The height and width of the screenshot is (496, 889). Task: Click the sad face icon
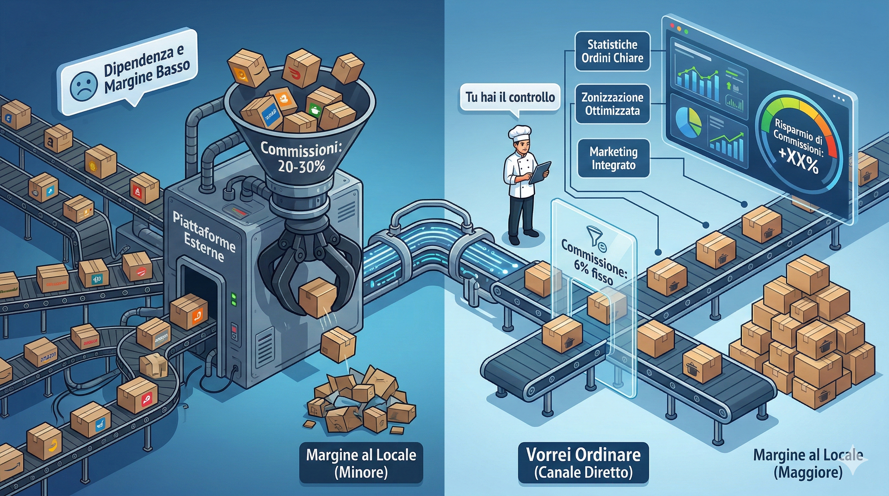(x=83, y=86)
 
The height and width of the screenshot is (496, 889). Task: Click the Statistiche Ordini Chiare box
(x=612, y=51)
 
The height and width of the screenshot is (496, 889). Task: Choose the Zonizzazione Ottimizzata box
(x=612, y=104)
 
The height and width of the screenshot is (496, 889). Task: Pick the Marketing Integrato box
(x=613, y=158)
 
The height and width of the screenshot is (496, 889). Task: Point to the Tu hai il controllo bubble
(x=510, y=97)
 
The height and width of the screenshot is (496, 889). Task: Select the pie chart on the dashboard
(x=688, y=122)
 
